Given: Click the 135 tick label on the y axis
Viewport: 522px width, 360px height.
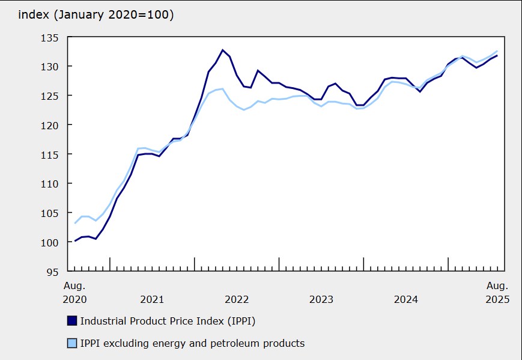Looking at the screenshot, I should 50,37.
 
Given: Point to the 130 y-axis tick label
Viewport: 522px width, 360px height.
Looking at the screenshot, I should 50,66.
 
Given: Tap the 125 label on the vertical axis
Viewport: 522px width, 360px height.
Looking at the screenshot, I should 50,96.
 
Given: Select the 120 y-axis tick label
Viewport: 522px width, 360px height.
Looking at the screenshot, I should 50,125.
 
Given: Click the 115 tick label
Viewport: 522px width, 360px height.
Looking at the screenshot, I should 50,154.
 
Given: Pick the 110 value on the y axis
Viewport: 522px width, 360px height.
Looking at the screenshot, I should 50,183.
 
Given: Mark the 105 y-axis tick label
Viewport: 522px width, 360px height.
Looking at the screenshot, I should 50,213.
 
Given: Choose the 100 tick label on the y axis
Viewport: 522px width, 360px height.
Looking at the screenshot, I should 50,242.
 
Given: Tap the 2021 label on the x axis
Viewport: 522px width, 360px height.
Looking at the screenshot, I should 152,299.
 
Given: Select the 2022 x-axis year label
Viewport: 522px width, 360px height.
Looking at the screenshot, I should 237,299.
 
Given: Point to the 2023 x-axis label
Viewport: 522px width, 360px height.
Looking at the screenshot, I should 321,299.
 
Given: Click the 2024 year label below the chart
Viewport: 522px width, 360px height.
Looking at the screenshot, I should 406,299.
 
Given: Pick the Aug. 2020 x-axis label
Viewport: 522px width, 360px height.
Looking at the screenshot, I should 74,292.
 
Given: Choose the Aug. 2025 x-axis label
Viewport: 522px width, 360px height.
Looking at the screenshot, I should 496,292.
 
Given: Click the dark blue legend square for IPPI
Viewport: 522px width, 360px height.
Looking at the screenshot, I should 71,321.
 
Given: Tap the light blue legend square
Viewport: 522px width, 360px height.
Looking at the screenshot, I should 71,344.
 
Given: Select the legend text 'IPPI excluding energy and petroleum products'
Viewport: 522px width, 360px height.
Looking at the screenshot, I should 192,344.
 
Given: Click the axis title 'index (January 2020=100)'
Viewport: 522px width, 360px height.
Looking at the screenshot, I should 96,15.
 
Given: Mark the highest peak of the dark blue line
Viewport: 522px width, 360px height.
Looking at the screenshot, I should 222,50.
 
